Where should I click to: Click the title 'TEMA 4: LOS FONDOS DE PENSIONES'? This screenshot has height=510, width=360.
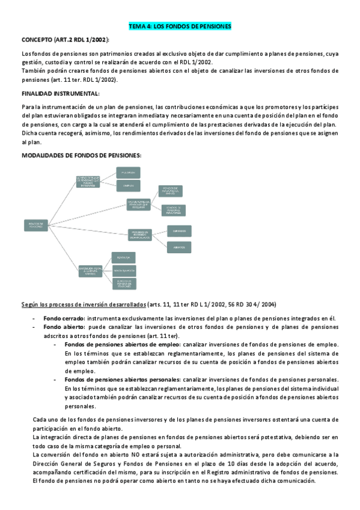click(x=180, y=26)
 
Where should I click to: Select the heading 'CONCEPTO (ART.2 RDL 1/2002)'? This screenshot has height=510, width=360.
click(x=65, y=40)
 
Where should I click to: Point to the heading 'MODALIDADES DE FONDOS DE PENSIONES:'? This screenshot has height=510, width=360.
click(x=81, y=155)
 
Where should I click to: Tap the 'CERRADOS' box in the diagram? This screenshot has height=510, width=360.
click(x=180, y=230)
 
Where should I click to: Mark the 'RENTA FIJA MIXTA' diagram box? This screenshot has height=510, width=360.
click(x=124, y=271)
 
